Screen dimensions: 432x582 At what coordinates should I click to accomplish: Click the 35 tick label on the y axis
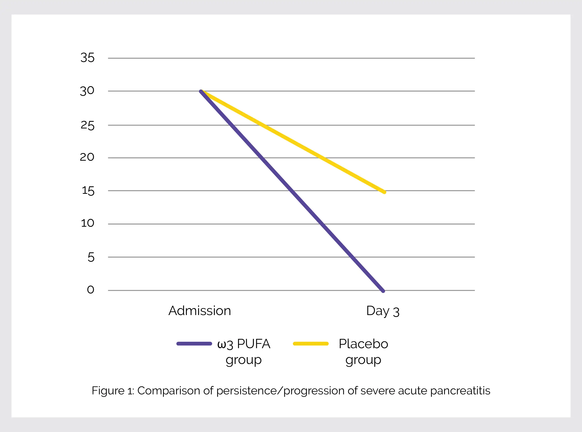pyautogui.click(x=87, y=57)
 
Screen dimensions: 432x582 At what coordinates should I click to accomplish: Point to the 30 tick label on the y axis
pyautogui.click(x=87, y=91)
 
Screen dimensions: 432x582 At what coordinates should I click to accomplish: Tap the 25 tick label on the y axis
pyautogui.click(x=87, y=125)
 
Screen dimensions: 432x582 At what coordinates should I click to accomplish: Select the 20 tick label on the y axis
pyautogui.click(x=87, y=157)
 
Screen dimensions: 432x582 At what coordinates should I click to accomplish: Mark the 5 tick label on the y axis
pyautogui.click(x=91, y=257)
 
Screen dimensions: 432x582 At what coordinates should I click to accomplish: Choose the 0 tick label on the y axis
pyautogui.click(x=90, y=290)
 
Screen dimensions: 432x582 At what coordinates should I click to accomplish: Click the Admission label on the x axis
pyautogui.click(x=200, y=311)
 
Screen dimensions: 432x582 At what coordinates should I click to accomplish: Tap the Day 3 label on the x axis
pyautogui.click(x=383, y=311)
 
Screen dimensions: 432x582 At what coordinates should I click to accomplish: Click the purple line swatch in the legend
pyautogui.click(x=194, y=344)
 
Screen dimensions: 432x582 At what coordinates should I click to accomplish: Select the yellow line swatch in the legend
pyautogui.click(x=311, y=344)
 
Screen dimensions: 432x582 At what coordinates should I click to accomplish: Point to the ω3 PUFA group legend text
pyautogui.click(x=244, y=352)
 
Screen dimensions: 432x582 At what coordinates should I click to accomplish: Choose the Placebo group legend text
pyautogui.click(x=363, y=352)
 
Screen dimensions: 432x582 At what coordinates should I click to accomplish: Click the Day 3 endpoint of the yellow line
pyautogui.click(x=384, y=192)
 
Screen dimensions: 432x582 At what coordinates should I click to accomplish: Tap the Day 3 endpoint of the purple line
pyautogui.click(x=383, y=291)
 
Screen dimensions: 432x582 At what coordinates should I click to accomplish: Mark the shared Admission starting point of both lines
pyautogui.click(x=201, y=91)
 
